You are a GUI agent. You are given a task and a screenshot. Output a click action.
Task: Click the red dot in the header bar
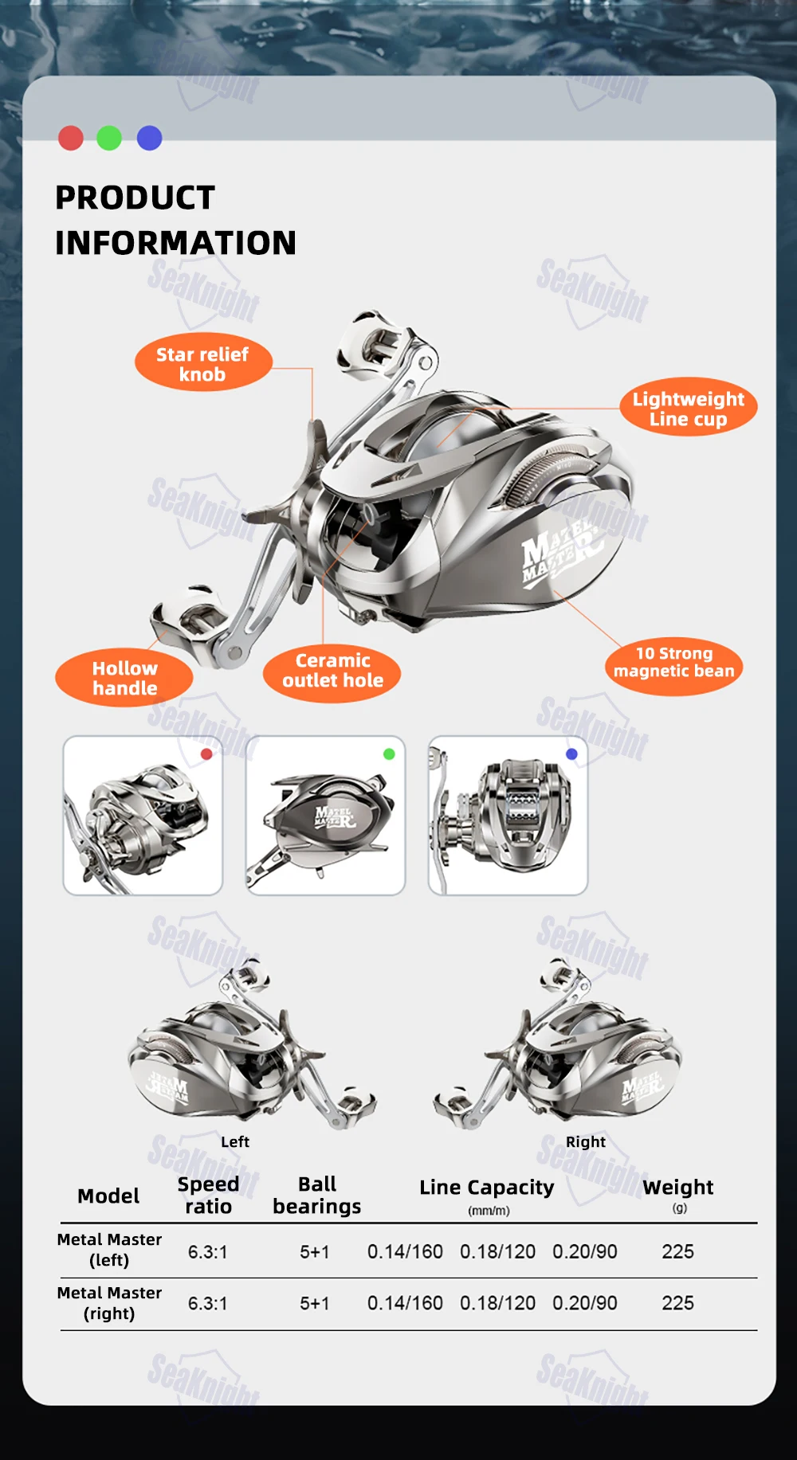71,138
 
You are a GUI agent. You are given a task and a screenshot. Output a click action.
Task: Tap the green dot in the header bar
109,138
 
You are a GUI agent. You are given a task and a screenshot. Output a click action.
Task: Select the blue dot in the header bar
150,138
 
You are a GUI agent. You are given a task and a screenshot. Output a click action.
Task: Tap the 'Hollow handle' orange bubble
124,678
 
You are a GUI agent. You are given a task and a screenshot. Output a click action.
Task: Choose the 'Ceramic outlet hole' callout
332,672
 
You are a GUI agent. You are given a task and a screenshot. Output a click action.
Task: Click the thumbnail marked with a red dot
143,816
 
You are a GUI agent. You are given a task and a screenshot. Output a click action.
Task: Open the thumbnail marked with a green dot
325,816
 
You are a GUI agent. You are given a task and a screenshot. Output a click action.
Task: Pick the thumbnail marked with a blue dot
508,816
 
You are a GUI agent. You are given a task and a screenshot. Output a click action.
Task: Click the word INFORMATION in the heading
175,243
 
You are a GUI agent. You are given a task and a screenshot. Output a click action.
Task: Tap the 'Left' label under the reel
235,1141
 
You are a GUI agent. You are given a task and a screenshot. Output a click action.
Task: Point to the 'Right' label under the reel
586,1141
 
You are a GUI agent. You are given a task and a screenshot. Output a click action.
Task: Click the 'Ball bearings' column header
317,1195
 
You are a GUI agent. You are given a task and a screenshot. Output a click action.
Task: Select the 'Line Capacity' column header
487,1187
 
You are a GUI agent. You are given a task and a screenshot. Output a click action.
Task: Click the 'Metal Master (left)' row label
109,1250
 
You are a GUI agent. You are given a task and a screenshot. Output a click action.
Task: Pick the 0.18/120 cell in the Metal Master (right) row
498,1303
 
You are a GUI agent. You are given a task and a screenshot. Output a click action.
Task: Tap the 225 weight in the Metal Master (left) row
677,1251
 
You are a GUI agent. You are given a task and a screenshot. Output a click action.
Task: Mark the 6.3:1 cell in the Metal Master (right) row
208,1303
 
